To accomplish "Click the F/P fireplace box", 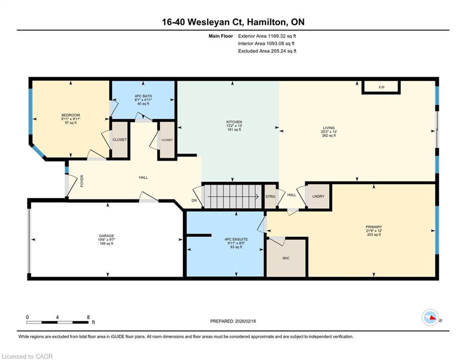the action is (x=381, y=88).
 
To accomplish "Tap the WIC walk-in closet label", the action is (x=286, y=258).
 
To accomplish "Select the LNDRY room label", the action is (x=318, y=196).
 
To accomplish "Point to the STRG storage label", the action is (x=270, y=197).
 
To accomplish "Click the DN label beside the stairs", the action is (x=194, y=201).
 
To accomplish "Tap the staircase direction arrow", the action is (x=233, y=196).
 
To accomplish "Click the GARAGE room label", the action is (x=106, y=236).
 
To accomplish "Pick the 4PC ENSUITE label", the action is (x=236, y=239).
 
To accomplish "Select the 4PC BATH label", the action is (x=143, y=96).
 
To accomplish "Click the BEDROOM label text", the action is (x=71, y=115).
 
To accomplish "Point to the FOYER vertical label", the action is (x=82, y=181).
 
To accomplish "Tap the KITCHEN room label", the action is (x=234, y=122).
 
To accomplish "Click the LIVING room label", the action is (x=329, y=128).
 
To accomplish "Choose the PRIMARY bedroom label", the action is (x=374, y=227).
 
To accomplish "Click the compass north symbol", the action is (x=430, y=317).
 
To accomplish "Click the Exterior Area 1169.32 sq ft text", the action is (x=267, y=36).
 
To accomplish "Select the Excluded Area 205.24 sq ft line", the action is (x=267, y=51).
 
